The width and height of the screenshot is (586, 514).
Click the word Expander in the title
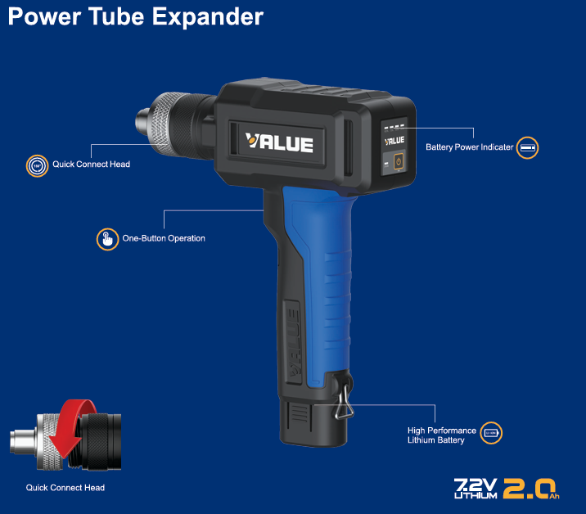(207, 17)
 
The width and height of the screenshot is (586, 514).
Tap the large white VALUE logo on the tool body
(279, 142)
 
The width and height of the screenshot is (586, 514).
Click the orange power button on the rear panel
(399, 161)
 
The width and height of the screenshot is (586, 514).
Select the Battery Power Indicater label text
(470, 147)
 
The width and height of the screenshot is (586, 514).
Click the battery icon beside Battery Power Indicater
(527, 147)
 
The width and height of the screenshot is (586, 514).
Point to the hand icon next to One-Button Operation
(108, 239)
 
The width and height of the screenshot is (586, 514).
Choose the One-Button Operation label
(164, 238)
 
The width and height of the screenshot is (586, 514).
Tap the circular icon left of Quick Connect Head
(37, 165)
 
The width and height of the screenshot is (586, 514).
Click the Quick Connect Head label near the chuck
(91, 165)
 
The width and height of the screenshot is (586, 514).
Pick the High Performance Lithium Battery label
(442, 435)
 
